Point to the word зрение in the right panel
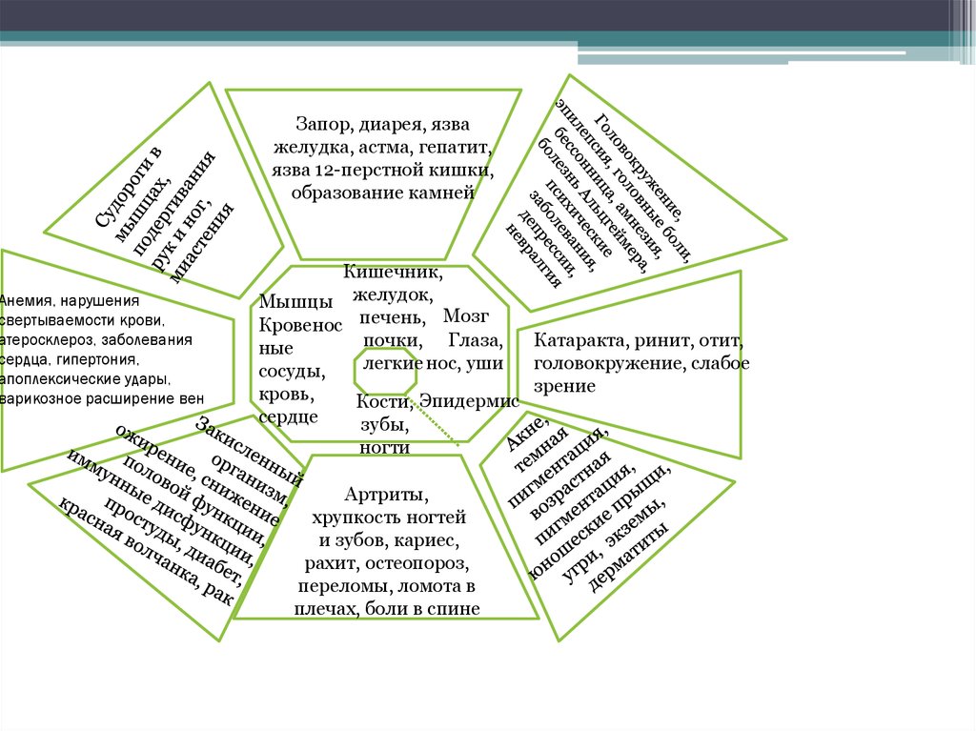point(564,387)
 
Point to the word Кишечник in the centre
point(386,274)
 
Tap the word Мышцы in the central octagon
point(295,303)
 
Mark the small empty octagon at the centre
point(385,370)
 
